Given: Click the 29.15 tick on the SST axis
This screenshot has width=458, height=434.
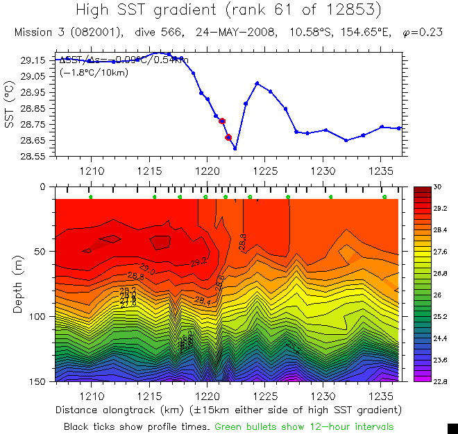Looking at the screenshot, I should [x=34, y=60].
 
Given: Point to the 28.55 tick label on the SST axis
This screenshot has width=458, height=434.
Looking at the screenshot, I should [x=34, y=157].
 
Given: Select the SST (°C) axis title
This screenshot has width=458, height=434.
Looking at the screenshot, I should [x=10, y=108].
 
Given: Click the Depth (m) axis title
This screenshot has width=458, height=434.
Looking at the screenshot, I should [x=19, y=284].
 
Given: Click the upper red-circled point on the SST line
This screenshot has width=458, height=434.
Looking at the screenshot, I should [x=222, y=121].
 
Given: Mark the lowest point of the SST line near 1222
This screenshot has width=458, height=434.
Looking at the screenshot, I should [x=235, y=148].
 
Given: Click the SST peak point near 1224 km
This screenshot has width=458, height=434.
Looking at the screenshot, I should [x=257, y=83].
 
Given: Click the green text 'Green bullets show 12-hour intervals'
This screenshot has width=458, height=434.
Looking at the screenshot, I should [x=304, y=426].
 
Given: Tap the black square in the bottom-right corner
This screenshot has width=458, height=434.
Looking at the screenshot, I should [x=452, y=428].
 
